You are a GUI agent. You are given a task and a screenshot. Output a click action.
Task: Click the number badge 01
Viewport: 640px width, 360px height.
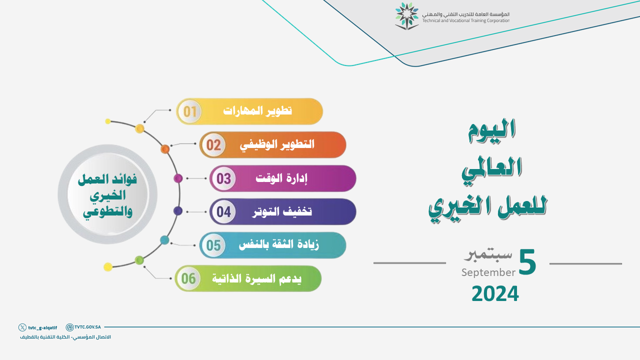[x=189, y=111]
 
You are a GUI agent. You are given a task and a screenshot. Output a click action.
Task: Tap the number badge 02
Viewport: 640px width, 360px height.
[x=213, y=145]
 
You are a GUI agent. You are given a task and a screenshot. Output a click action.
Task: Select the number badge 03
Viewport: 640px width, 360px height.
[x=223, y=178]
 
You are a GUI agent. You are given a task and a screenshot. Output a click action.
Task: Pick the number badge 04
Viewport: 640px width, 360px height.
[x=223, y=211]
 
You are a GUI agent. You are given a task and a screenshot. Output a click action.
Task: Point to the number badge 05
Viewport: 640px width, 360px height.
[x=213, y=245]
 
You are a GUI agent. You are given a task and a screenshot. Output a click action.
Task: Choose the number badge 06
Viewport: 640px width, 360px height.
[x=188, y=278]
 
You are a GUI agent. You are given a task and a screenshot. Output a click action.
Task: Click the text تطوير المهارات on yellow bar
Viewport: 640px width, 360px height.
[x=257, y=110]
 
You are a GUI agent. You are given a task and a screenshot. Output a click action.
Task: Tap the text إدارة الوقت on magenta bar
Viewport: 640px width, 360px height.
[x=281, y=178]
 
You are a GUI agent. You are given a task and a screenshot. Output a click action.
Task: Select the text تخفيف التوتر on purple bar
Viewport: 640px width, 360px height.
[x=282, y=211]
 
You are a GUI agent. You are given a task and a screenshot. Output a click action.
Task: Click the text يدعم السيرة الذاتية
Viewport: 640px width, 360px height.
[x=256, y=278]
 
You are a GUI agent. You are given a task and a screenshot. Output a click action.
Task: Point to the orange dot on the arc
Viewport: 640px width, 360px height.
[x=165, y=149]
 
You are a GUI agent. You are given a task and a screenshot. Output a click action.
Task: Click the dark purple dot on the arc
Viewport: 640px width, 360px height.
[x=177, y=211]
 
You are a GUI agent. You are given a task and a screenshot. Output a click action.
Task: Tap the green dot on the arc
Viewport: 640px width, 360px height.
[x=139, y=260]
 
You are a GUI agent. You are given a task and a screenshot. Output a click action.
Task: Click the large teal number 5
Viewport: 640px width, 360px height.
[x=527, y=262]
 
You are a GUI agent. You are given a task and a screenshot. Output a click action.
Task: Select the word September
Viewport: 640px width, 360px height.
[x=488, y=272]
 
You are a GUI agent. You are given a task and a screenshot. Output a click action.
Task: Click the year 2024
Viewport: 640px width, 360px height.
[x=495, y=293]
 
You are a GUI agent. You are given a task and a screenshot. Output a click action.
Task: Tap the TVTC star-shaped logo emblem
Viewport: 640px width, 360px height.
[x=406, y=16]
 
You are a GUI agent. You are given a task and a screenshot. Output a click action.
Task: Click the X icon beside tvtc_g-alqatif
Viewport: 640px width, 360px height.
[x=22, y=327]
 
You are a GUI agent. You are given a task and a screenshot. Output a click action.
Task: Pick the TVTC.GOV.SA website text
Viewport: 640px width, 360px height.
[x=87, y=327]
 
